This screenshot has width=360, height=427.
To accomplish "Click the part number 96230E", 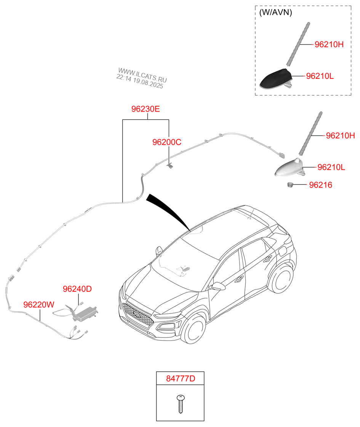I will [146, 109].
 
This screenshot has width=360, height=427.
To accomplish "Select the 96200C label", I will [167, 142].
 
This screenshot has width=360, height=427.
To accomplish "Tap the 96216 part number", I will [320, 185].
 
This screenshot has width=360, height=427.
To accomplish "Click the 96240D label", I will [77, 289].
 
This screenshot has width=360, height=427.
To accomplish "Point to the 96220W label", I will [39, 305].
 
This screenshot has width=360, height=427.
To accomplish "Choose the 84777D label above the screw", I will [180, 379].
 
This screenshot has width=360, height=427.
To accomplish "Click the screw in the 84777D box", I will [180, 404].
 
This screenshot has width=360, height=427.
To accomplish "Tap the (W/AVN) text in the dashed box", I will [275, 12].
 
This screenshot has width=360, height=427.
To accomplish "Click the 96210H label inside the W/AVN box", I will [329, 45].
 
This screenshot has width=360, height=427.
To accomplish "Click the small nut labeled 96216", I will [291, 185].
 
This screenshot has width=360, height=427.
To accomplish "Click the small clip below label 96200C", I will [170, 165].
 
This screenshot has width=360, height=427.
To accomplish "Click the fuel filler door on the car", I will [282, 251].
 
